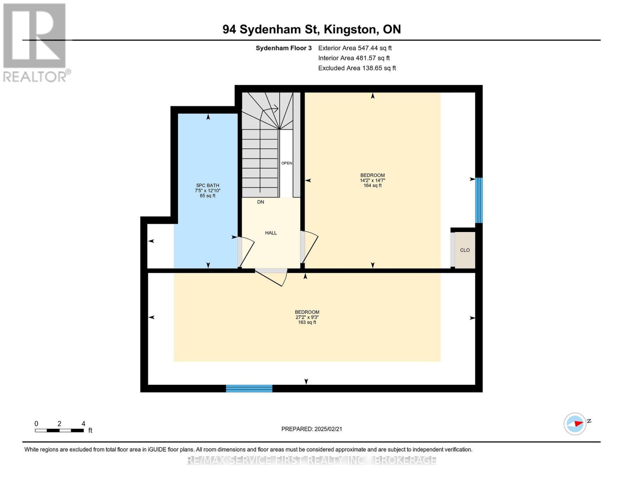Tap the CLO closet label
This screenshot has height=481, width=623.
(x=465, y=250)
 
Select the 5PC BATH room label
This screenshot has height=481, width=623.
(x=207, y=185)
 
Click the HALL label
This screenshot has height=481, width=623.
(x=271, y=233)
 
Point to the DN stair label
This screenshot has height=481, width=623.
(x=260, y=202)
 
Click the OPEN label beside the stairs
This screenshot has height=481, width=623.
(x=286, y=163)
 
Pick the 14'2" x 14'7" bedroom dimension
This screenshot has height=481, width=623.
(x=372, y=180)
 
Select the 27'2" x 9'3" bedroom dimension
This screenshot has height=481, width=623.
(x=307, y=317)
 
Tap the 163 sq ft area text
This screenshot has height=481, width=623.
(x=307, y=322)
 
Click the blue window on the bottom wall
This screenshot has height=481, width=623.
(x=249, y=388)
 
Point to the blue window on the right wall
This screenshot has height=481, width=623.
(x=479, y=200)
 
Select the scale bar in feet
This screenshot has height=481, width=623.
(x=59, y=430)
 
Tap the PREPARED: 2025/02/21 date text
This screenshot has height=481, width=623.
(x=312, y=429)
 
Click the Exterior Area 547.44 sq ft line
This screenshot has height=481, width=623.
(x=355, y=48)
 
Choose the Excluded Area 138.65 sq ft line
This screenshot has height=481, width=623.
(x=357, y=68)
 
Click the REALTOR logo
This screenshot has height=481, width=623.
(x=35, y=42)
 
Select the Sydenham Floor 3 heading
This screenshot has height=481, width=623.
(x=284, y=48)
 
